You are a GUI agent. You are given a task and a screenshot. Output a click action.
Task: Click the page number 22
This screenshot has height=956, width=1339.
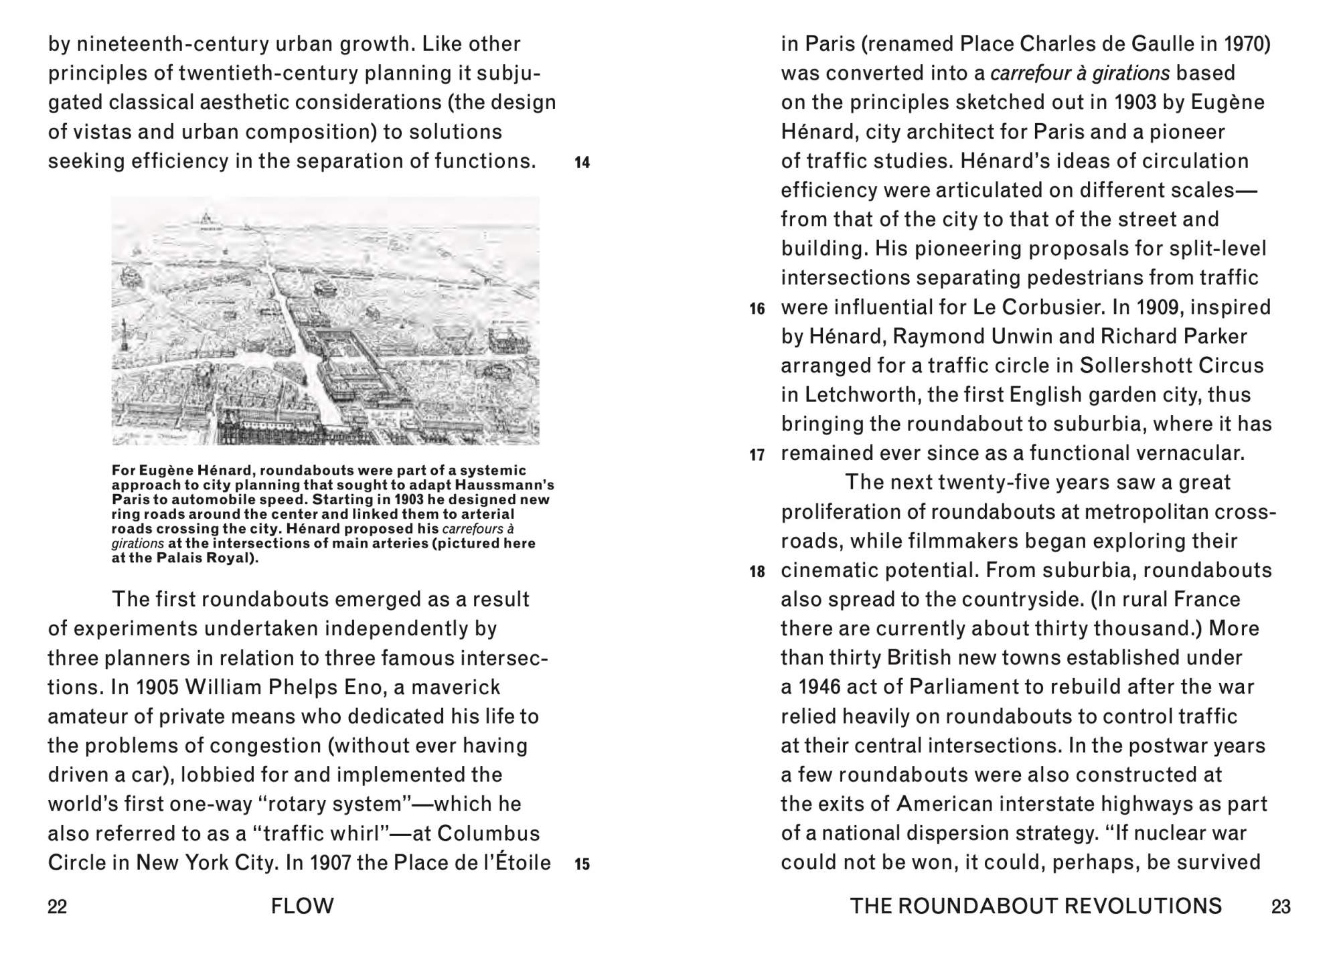[x=58, y=906]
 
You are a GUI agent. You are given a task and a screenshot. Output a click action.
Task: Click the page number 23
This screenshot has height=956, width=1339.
[x=1281, y=906]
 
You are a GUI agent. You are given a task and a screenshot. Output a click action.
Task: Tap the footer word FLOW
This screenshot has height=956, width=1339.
[x=303, y=906]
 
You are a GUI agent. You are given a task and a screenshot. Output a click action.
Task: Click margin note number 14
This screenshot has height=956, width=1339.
[x=582, y=163]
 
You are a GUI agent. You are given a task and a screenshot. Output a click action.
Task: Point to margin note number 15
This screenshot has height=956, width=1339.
[x=582, y=864]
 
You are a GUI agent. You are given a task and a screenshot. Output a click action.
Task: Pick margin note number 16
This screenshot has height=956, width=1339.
[x=757, y=309]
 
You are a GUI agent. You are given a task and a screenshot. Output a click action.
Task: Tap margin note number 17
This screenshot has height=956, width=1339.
[x=757, y=455]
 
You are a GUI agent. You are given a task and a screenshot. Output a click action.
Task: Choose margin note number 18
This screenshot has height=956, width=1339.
[x=757, y=572]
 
